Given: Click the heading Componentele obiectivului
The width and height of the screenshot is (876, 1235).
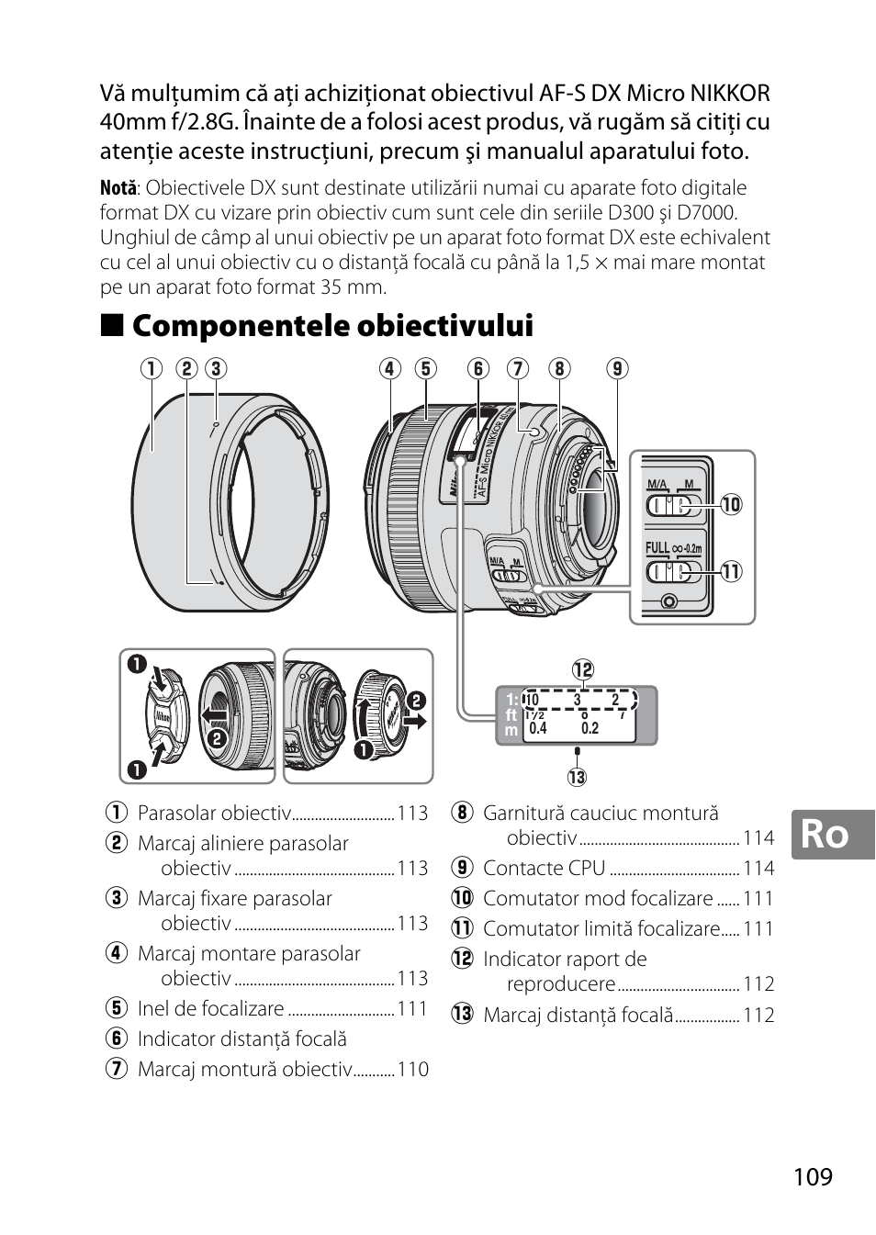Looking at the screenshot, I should click(x=332, y=326).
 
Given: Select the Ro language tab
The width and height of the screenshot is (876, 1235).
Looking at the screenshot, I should click(x=825, y=834).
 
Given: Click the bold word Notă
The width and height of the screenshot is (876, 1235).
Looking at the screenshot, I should click(x=118, y=189).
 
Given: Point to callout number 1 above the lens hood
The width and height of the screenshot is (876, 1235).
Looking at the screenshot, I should click(x=152, y=368).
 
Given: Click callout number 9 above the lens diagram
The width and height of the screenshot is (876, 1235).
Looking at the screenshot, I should click(x=617, y=368).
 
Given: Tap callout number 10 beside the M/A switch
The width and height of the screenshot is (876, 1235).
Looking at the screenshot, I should click(x=731, y=504).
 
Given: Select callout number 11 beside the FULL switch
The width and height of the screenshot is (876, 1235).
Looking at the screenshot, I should click(x=731, y=571).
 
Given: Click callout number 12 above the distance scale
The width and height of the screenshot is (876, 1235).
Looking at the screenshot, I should click(x=583, y=669).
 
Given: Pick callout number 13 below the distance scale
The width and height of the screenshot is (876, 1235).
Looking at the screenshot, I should click(x=577, y=777).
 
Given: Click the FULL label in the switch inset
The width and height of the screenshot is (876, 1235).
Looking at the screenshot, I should click(x=657, y=548).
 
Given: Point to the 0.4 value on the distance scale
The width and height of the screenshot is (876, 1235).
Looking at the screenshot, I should click(x=538, y=728).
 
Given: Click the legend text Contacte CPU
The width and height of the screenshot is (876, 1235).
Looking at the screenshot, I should click(x=545, y=868).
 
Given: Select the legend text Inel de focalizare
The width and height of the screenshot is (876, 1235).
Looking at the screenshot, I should click(x=210, y=1008).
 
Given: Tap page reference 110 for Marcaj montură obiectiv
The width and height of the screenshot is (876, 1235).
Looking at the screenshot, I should click(x=413, y=1069).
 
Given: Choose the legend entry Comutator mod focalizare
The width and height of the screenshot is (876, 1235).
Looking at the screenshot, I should click(x=598, y=898).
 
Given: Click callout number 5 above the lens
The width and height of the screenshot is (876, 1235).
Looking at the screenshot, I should click(x=425, y=368).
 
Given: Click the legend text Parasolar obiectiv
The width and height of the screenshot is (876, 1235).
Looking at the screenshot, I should click(x=214, y=813).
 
